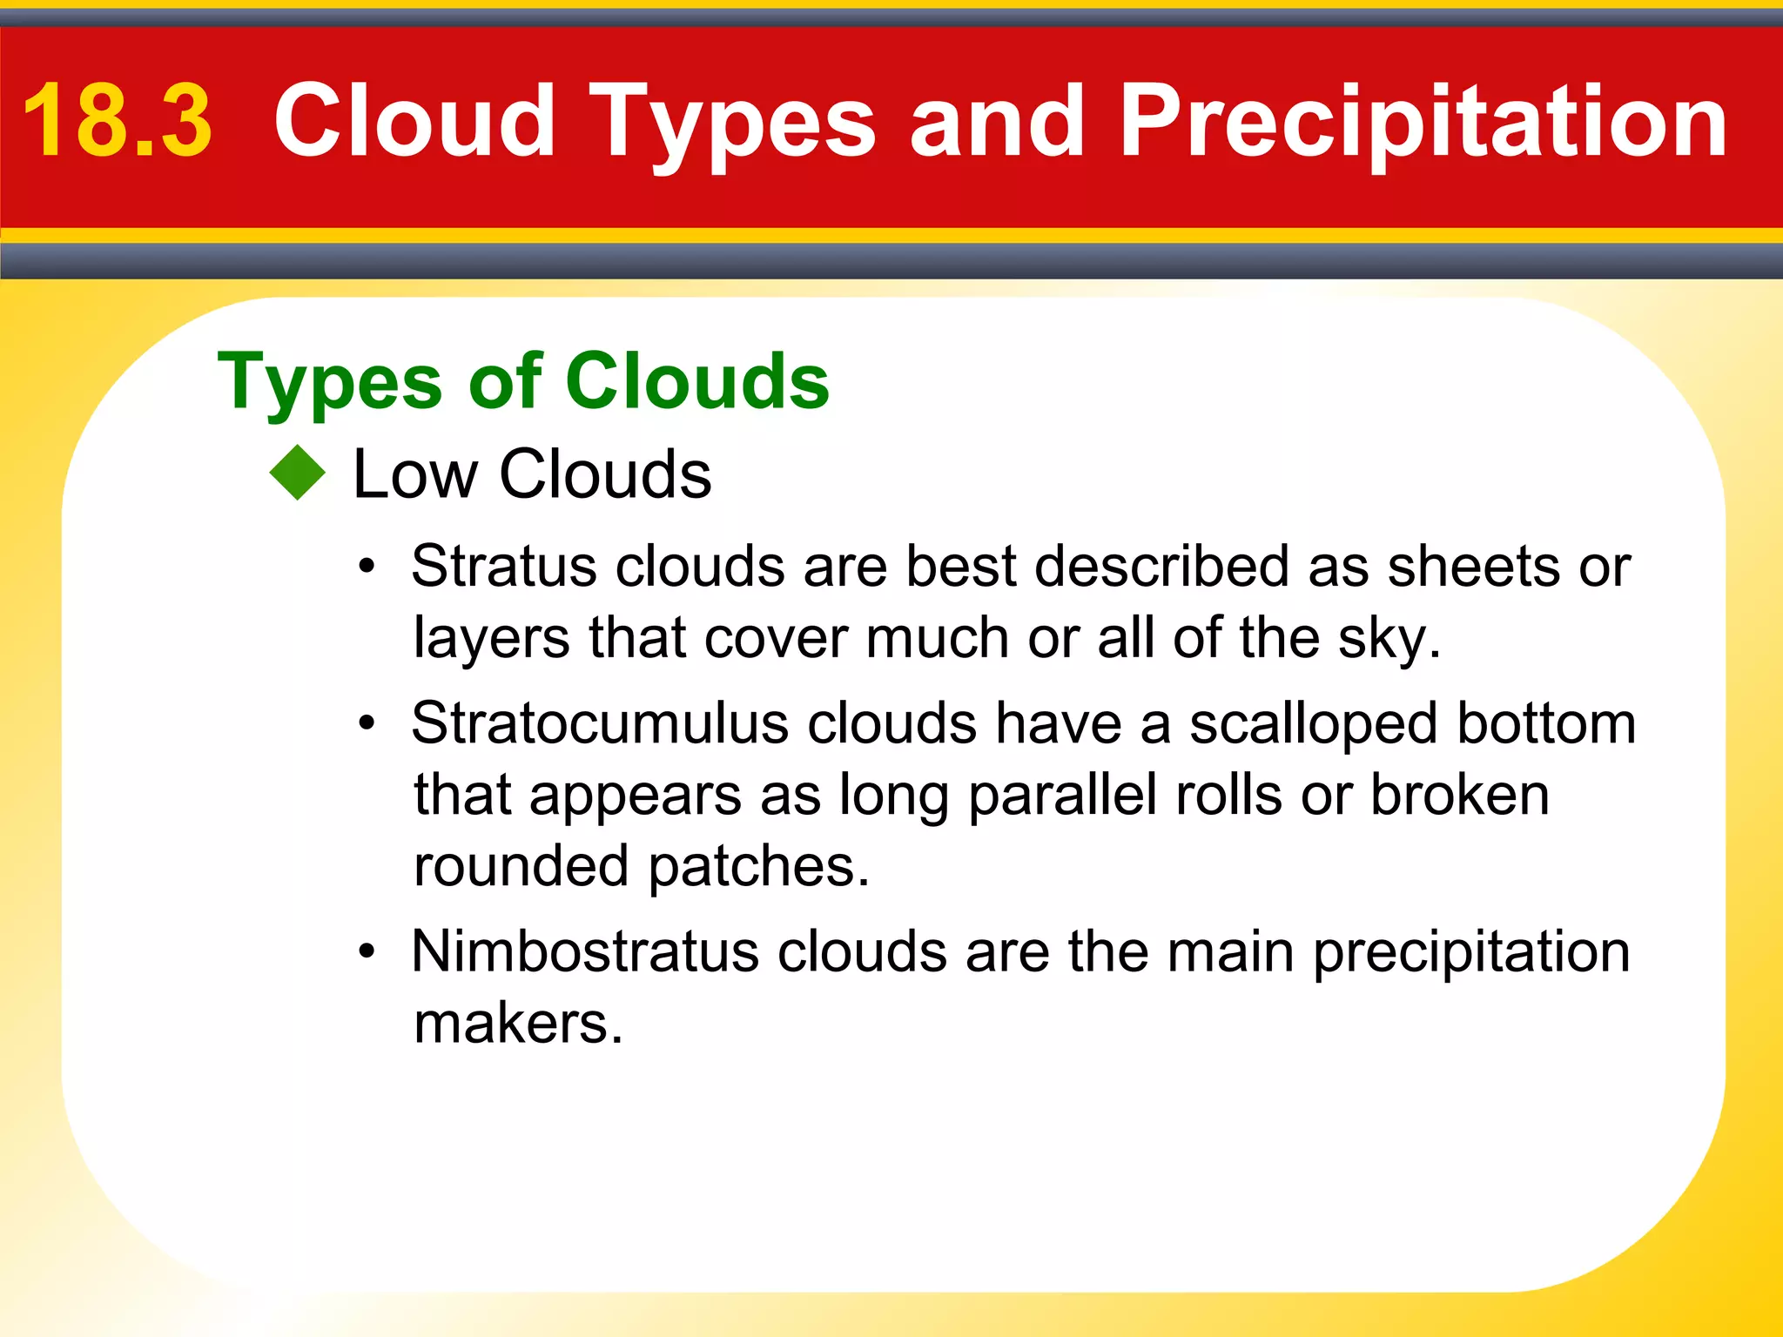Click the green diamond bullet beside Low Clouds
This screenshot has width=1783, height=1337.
click(x=298, y=473)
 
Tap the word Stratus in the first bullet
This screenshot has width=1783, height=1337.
click(x=504, y=567)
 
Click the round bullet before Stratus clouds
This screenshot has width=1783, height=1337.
click(x=367, y=568)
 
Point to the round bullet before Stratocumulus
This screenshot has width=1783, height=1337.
click(x=367, y=724)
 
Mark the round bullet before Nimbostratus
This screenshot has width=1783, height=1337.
click(x=367, y=952)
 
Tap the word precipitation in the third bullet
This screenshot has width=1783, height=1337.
click(x=1471, y=953)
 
